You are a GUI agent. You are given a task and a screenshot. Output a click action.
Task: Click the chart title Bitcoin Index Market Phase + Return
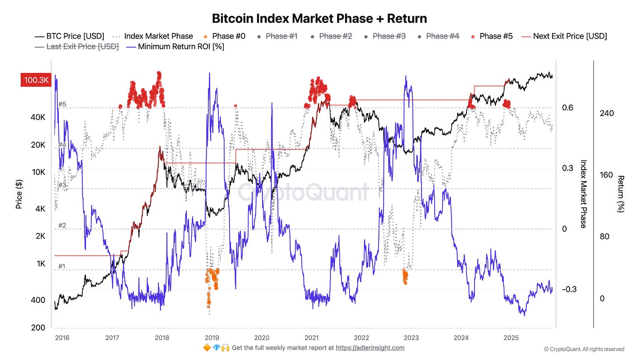pos(320,19)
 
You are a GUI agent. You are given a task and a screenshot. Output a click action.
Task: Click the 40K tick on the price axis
pos(38,117)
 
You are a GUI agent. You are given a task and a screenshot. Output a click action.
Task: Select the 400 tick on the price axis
pos(38,300)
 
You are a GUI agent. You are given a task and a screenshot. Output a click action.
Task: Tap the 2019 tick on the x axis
pos(211,338)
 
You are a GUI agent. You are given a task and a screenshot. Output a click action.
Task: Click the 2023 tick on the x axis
pos(411,338)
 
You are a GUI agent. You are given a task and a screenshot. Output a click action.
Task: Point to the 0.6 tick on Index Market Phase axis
pos(567,108)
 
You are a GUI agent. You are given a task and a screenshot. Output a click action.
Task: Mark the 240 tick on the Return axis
pos(607,113)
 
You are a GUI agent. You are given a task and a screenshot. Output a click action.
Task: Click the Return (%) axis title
pos(621,194)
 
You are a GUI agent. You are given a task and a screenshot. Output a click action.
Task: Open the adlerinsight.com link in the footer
pos(370,348)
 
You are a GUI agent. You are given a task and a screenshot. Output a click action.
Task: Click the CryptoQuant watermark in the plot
pos(303,192)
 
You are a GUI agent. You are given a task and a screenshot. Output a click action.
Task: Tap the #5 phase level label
pos(62,104)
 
